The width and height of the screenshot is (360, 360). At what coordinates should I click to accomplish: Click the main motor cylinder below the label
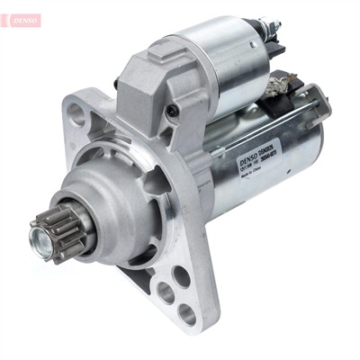point(270,198)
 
